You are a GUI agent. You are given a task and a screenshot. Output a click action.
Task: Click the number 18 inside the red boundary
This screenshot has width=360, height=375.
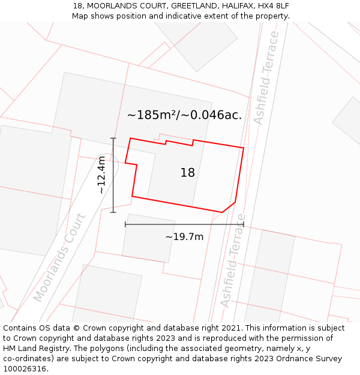[187, 173]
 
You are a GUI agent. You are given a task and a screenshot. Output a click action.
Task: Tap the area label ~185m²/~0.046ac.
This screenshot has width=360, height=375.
[184, 115]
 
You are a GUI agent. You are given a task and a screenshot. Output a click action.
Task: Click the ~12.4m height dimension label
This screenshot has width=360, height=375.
[101, 175]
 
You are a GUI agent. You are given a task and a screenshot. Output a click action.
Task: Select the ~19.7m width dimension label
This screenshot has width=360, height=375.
[184, 236]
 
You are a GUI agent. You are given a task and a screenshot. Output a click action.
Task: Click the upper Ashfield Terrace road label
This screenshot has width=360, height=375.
[266, 77]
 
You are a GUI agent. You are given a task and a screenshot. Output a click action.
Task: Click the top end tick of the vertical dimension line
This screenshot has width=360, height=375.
[113, 138]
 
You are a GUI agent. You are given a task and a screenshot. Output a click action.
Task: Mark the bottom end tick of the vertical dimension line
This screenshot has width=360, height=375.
[113, 212]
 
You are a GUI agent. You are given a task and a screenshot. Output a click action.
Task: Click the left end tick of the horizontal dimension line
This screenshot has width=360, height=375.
[125, 224]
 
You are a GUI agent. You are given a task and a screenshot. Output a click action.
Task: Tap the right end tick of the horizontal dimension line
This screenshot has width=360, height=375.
[244, 224]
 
